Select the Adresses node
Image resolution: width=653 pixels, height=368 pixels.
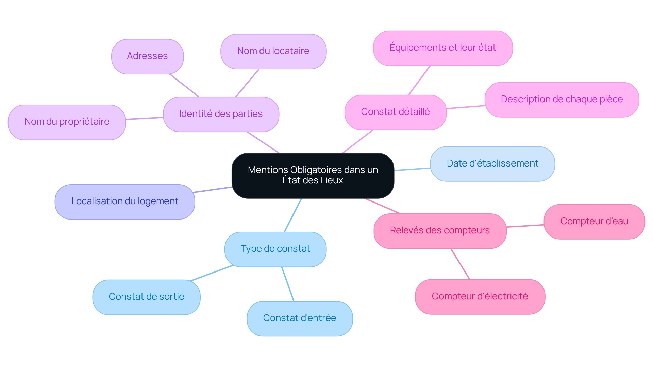coord(147,56)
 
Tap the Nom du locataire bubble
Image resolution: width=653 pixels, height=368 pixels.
coord(273,51)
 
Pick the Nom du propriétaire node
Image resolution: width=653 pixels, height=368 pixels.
coord(67,122)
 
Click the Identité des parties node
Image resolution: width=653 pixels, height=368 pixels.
coord(221,114)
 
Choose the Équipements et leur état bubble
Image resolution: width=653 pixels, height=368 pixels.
coord(442,48)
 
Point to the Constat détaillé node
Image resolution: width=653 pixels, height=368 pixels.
coord(395,112)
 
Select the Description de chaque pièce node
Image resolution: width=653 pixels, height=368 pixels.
coord(562,100)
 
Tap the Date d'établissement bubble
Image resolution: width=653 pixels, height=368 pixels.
coord(492,164)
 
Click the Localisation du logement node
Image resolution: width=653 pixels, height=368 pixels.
coord(124,201)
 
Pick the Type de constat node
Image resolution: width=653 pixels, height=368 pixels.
coord(275,249)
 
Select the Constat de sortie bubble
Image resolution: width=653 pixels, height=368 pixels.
coord(146,297)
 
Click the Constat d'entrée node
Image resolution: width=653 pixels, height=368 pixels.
coord(299,318)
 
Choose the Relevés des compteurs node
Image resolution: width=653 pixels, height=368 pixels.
coord(440,231)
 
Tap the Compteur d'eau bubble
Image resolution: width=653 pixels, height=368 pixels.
coord(594,222)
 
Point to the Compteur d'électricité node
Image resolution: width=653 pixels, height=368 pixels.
coord(480,297)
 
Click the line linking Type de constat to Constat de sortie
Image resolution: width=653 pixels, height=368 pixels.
coord(212,273)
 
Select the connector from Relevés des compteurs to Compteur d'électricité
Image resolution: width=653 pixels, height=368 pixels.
coord(460,264)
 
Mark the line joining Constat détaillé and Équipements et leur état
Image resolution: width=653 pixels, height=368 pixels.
coord(419,81)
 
